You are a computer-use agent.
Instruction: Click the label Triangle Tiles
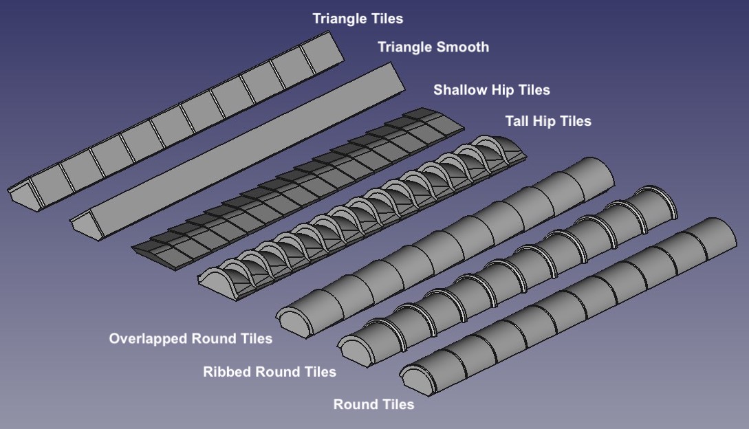pos(358,19)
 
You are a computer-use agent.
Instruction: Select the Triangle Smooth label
pos(433,47)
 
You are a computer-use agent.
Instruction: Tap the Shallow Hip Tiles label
pos(491,90)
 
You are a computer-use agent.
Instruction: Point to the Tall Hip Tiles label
pos(548,121)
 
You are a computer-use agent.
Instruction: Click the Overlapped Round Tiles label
pos(191,338)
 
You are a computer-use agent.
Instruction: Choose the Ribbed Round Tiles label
pos(270,372)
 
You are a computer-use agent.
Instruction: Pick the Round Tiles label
pos(373,404)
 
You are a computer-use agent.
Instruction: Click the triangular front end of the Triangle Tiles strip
pos(23,192)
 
